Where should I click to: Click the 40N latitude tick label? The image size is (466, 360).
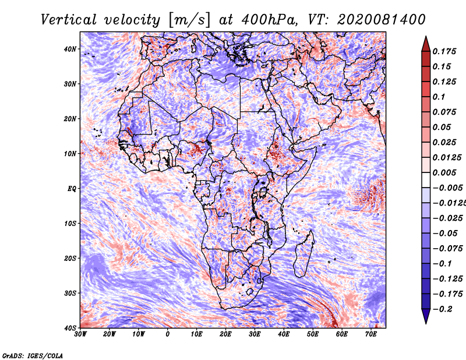tap(70, 49)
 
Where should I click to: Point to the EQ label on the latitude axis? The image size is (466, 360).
tap(72, 189)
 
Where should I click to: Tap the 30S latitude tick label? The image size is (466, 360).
tap(70, 294)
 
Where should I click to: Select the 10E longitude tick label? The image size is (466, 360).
tap(196, 334)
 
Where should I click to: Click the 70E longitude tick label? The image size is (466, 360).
tap(371, 334)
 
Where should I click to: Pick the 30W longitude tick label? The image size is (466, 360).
tap(80, 334)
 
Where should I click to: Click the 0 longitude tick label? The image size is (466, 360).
tap(168, 334)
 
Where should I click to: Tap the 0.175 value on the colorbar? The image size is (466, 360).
tap(444, 51)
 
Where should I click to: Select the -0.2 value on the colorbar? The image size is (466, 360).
tap(442, 309)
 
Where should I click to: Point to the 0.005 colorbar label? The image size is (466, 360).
tap(444, 172)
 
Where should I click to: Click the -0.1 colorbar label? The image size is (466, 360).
tap(442, 264)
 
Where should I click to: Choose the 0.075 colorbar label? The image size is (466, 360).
tap(444, 112)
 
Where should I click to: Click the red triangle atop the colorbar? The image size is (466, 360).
tap(426, 45)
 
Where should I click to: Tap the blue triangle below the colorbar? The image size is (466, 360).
tap(426, 316)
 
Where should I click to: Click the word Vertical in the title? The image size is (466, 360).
tap(69, 20)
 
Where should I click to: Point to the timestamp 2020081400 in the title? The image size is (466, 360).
tap(382, 20)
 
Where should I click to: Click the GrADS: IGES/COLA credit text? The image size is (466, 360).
tap(33, 356)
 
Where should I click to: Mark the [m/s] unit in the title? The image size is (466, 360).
tap(190, 20)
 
